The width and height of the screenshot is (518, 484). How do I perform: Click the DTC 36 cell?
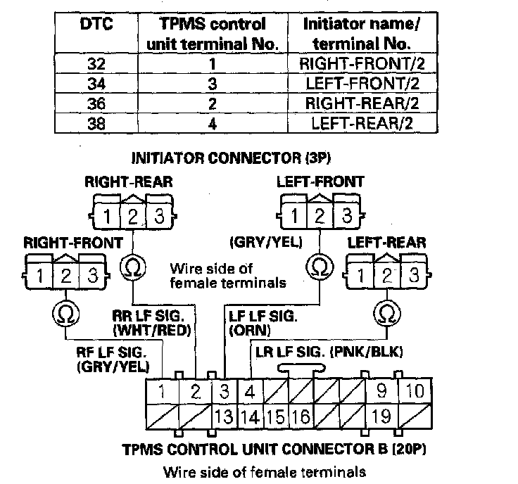pyautogui.click(x=98, y=105)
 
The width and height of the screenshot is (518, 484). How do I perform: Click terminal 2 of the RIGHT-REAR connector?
pyautogui.click(x=132, y=215)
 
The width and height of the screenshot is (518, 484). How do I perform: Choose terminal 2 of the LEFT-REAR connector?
pyautogui.click(x=384, y=274)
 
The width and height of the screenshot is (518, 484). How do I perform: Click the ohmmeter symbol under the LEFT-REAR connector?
pyautogui.click(x=384, y=311)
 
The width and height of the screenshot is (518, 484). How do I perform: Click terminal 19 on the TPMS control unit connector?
pyautogui.click(x=381, y=416)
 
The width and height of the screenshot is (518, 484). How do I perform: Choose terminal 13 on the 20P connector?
pyautogui.click(x=225, y=416)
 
